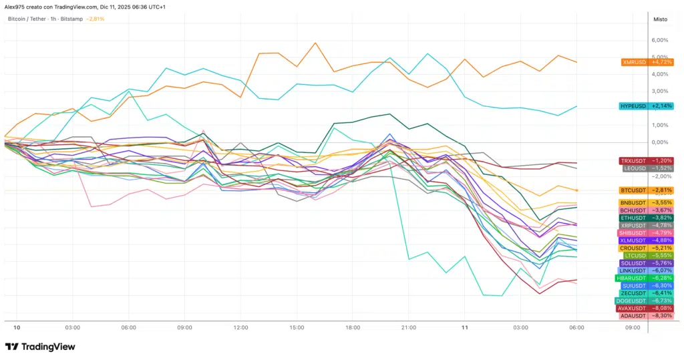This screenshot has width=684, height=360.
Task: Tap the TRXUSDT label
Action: [646, 161]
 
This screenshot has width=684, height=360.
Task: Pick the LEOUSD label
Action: [646, 168]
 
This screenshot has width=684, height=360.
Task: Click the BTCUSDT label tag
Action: [646, 190]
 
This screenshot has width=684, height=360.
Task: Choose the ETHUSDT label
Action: [646, 218]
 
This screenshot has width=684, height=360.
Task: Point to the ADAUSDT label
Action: [646, 315]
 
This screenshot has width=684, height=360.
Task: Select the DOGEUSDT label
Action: [646, 301]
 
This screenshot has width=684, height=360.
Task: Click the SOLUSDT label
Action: [646, 263]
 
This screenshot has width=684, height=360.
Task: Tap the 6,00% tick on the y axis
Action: [659, 40]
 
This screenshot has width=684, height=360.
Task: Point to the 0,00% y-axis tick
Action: [659, 142]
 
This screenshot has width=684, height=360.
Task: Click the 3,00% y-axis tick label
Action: [659, 91]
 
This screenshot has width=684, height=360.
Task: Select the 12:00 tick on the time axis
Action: [241, 328]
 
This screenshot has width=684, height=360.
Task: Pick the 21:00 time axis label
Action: [409, 328]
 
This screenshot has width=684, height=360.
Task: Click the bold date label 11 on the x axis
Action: [465, 328]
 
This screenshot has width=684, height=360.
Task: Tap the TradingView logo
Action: [40, 347]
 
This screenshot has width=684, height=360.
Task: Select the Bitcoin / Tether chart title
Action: [45, 19]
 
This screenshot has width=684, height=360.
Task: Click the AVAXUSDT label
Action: [646, 308]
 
